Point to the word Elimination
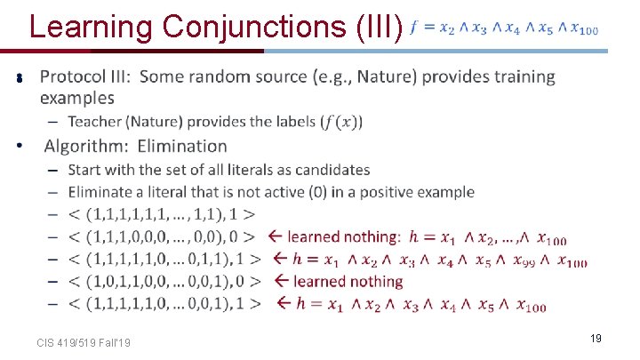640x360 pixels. pyautogui.click(x=182, y=146)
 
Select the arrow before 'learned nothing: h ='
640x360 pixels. pyautogui.click(x=275, y=236)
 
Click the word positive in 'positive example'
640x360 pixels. pyautogui.click(x=386, y=192)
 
